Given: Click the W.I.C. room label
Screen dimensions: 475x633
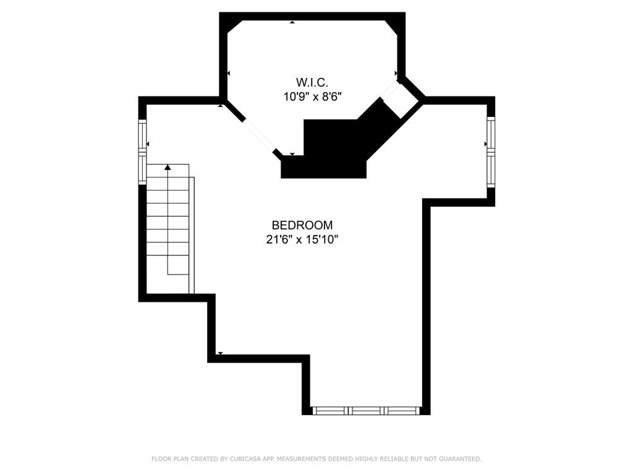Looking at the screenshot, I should click(311, 82).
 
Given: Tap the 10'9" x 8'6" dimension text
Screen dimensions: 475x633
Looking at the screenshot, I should click(312, 96).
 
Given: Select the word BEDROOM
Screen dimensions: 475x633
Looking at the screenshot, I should click(302, 225).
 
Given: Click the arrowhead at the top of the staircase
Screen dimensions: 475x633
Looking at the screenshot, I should click(168, 166).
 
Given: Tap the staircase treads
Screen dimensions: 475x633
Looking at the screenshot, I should click(168, 229).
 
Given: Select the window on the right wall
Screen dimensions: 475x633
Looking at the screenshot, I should click(491, 152).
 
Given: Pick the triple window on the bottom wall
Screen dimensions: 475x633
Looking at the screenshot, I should click(367, 410).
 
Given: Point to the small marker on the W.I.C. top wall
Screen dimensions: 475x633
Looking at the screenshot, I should click(292, 22).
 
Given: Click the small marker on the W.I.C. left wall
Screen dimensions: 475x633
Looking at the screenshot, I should click(228, 74).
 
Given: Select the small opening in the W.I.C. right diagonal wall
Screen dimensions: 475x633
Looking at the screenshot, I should click(401, 98).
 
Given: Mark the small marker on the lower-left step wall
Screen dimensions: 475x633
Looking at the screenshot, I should click(220, 353).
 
